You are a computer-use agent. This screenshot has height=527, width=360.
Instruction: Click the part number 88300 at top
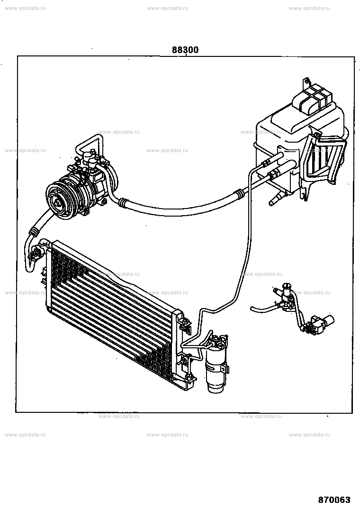tap(185, 50)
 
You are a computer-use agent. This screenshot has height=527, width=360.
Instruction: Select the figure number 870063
tap(334, 500)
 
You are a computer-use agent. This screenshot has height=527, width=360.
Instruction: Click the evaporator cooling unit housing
tap(299, 145)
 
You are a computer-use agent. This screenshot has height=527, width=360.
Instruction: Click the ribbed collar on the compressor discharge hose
tap(34, 232)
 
